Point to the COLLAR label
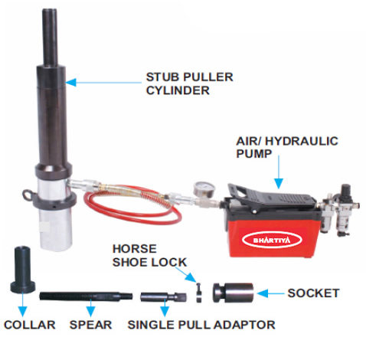click(x=30, y=325)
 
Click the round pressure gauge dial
click(x=203, y=187)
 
